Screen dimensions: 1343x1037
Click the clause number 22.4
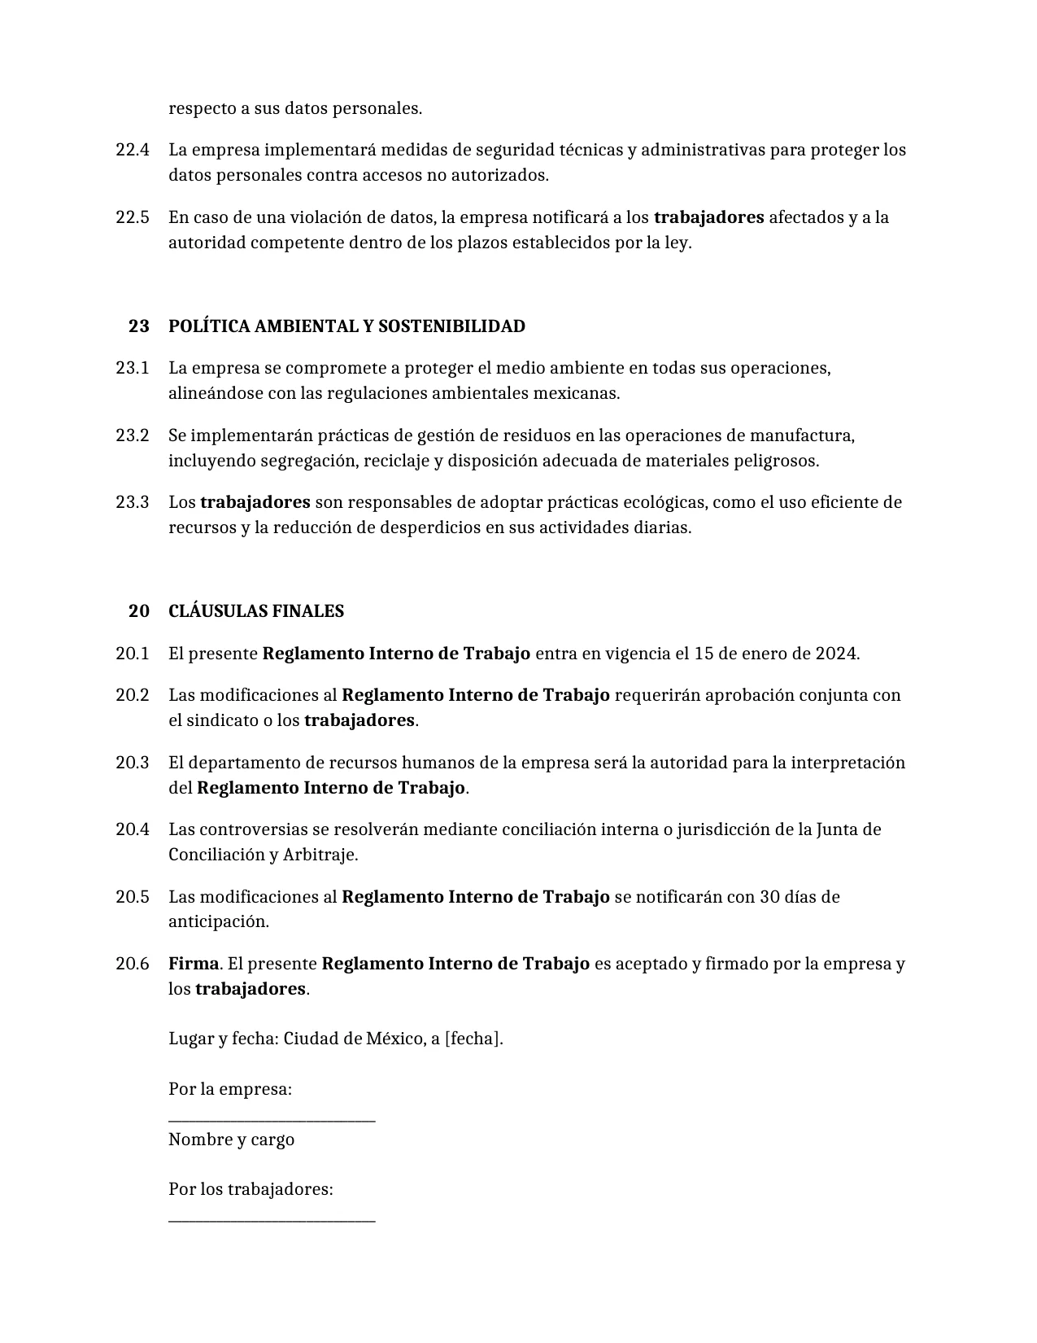point(133,150)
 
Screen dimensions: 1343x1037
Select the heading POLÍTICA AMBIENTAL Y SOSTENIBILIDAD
point(346,326)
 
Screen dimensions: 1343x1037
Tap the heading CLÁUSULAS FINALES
point(255,611)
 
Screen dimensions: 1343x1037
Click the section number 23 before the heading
point(139,326)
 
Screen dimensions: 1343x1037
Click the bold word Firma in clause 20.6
point(194,964)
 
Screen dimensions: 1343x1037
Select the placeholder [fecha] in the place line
point(473,1039)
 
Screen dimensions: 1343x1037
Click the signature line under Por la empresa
point(272,1122)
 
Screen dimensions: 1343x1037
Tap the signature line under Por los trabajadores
point(272,1220)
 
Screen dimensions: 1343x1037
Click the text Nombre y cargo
point(231,1140)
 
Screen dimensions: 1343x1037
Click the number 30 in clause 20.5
point(769,897)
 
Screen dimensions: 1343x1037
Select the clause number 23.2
point(133,435)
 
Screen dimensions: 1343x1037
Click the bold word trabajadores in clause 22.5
point(708,217)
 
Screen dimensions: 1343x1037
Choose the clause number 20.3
point(133,763)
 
